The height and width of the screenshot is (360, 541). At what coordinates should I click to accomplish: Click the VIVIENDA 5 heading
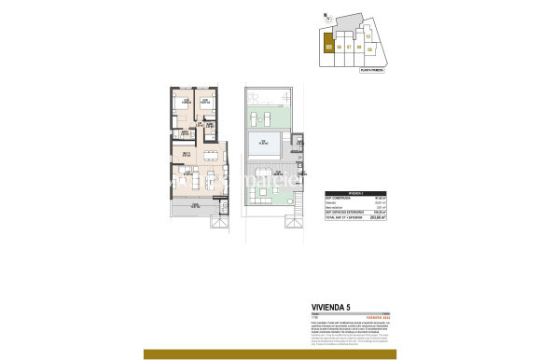coord(333,305)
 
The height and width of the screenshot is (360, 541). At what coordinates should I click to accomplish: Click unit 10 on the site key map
coord(368,36)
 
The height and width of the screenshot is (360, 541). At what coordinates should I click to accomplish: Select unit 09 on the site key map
coord(370,49)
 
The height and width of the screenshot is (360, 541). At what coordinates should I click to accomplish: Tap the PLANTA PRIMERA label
coord(373,68)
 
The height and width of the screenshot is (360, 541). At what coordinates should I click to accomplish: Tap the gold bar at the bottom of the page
coord(270,353)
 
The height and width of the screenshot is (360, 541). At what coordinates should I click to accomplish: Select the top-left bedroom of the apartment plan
coord(186,104)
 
